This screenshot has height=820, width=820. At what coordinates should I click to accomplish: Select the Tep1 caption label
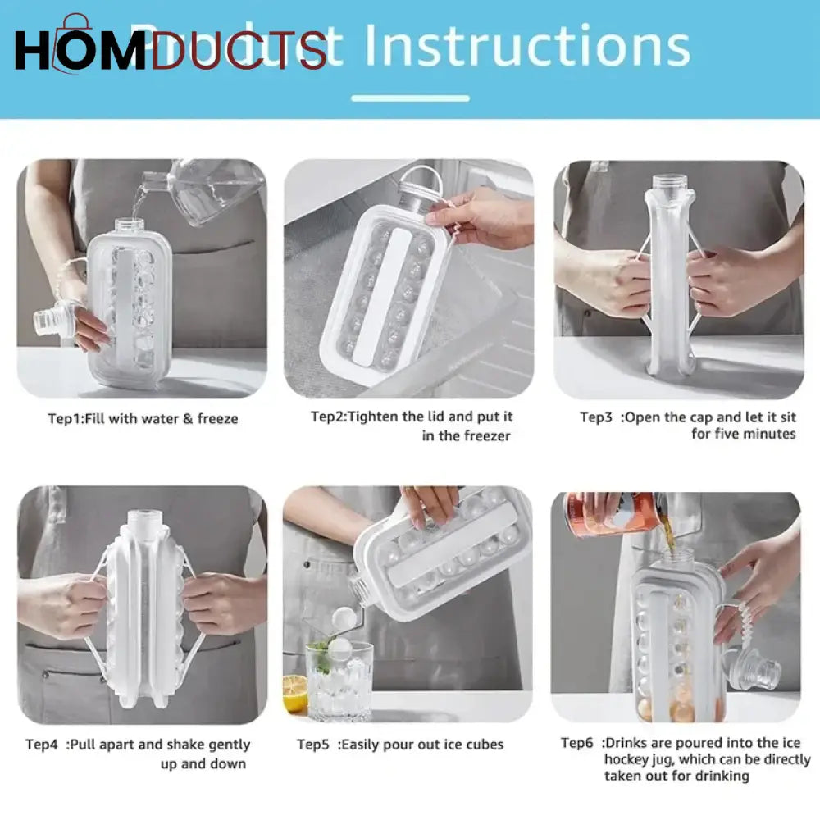(66, 418)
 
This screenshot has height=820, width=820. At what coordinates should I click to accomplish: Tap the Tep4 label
(42, 745)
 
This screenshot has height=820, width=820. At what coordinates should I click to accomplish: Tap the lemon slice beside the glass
(295, 694)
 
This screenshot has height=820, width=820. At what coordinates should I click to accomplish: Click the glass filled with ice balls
(339, 680)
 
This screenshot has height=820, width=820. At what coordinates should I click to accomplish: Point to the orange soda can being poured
(608, 515)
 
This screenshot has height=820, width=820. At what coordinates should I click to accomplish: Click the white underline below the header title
(410, 98)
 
